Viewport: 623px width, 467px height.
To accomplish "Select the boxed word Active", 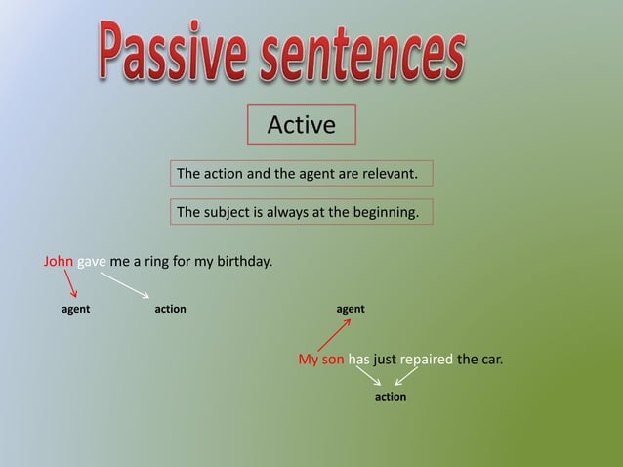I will point(301,125).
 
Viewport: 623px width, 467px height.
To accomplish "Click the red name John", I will point(59,262).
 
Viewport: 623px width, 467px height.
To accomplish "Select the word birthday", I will point(243,262).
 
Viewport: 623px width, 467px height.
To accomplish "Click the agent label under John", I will point(75,309).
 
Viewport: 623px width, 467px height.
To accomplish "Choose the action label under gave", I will point(170,309).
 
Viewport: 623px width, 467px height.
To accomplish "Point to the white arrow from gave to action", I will point(124,285).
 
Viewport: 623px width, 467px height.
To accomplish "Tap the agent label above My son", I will point(351,309).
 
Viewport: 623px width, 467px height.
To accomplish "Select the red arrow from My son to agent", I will point(333,333).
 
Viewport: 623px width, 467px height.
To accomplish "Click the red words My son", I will point(321,360).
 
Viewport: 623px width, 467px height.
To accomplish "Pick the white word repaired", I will point(426,360).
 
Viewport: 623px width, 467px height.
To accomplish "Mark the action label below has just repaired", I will point(391,398).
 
